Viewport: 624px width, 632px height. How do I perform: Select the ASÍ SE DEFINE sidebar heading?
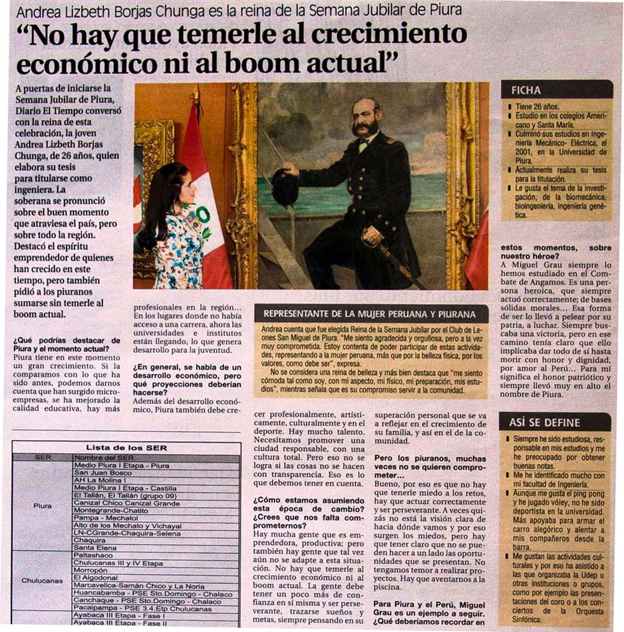(544, 422)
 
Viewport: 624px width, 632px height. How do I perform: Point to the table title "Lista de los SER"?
(126, 448)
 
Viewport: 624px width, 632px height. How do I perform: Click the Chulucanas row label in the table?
(42, 580)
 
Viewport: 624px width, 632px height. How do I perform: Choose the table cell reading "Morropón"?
(90, 571)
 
